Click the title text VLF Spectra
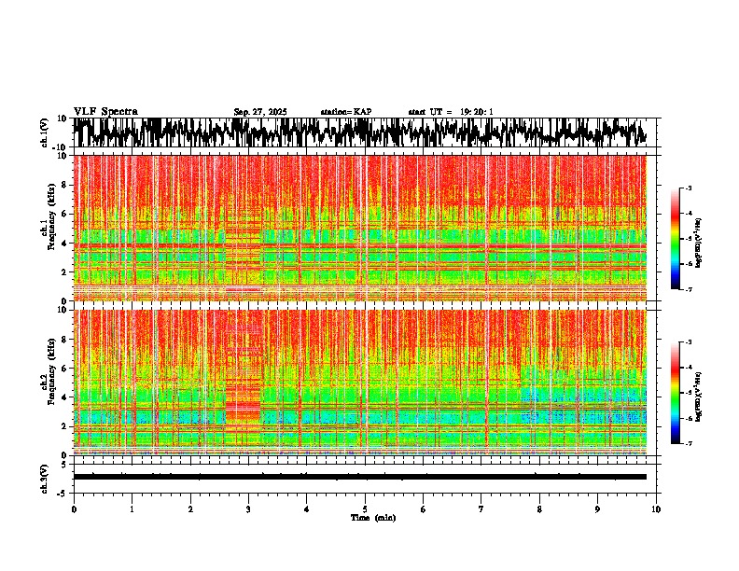click(105, 111)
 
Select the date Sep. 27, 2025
click(260, 112)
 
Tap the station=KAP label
click(346, 112)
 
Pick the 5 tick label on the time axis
click(365, 509)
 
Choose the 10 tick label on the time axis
click(656, 509)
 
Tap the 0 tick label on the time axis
click(74, 509)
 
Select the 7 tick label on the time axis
click(481, 509)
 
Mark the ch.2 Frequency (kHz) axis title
click(49, 383)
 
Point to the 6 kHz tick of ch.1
click(63, 214)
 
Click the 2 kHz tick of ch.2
click(63, 426)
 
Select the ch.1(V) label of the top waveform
click(44, 132)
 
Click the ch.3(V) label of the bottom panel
click(44, 477)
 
